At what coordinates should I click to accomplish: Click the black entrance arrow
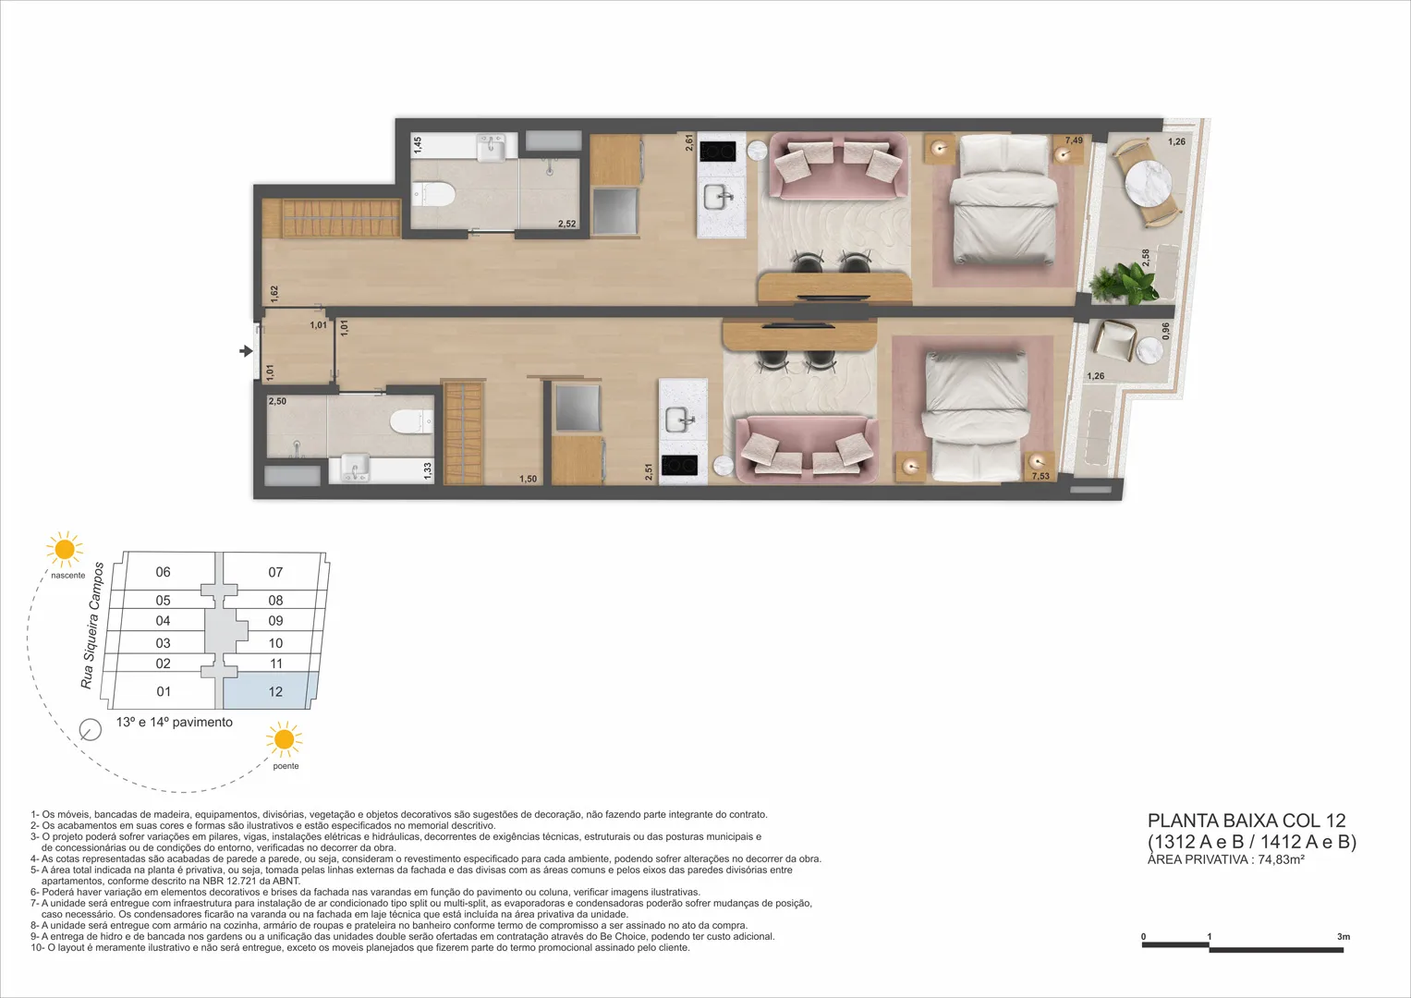coord(246,351)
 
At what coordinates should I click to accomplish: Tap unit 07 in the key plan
coord(275,572)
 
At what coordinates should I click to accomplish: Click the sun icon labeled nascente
coord(65,549)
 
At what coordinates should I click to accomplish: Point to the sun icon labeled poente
coord(284,739)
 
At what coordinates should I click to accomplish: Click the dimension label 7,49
coord(1074,140)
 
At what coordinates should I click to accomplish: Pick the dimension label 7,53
coord(1040,476)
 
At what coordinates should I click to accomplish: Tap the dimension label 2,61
coord(689,142)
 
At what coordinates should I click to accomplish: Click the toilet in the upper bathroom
coord(434,195)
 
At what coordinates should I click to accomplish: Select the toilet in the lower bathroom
coord(411,421)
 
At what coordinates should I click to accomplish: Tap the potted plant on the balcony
coord(1125,283)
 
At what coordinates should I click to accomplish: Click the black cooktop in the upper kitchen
coord(717,152)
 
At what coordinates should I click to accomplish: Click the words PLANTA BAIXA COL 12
coord(1247,821)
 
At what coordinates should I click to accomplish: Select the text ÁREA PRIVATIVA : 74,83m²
coord(1226,859)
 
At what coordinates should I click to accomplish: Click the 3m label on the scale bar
coord(1344,937)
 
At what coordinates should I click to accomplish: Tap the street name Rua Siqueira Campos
coord(92,626)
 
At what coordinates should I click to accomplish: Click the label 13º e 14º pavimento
coord(175,722)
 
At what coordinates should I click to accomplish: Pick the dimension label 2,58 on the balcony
coord(1146,257)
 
